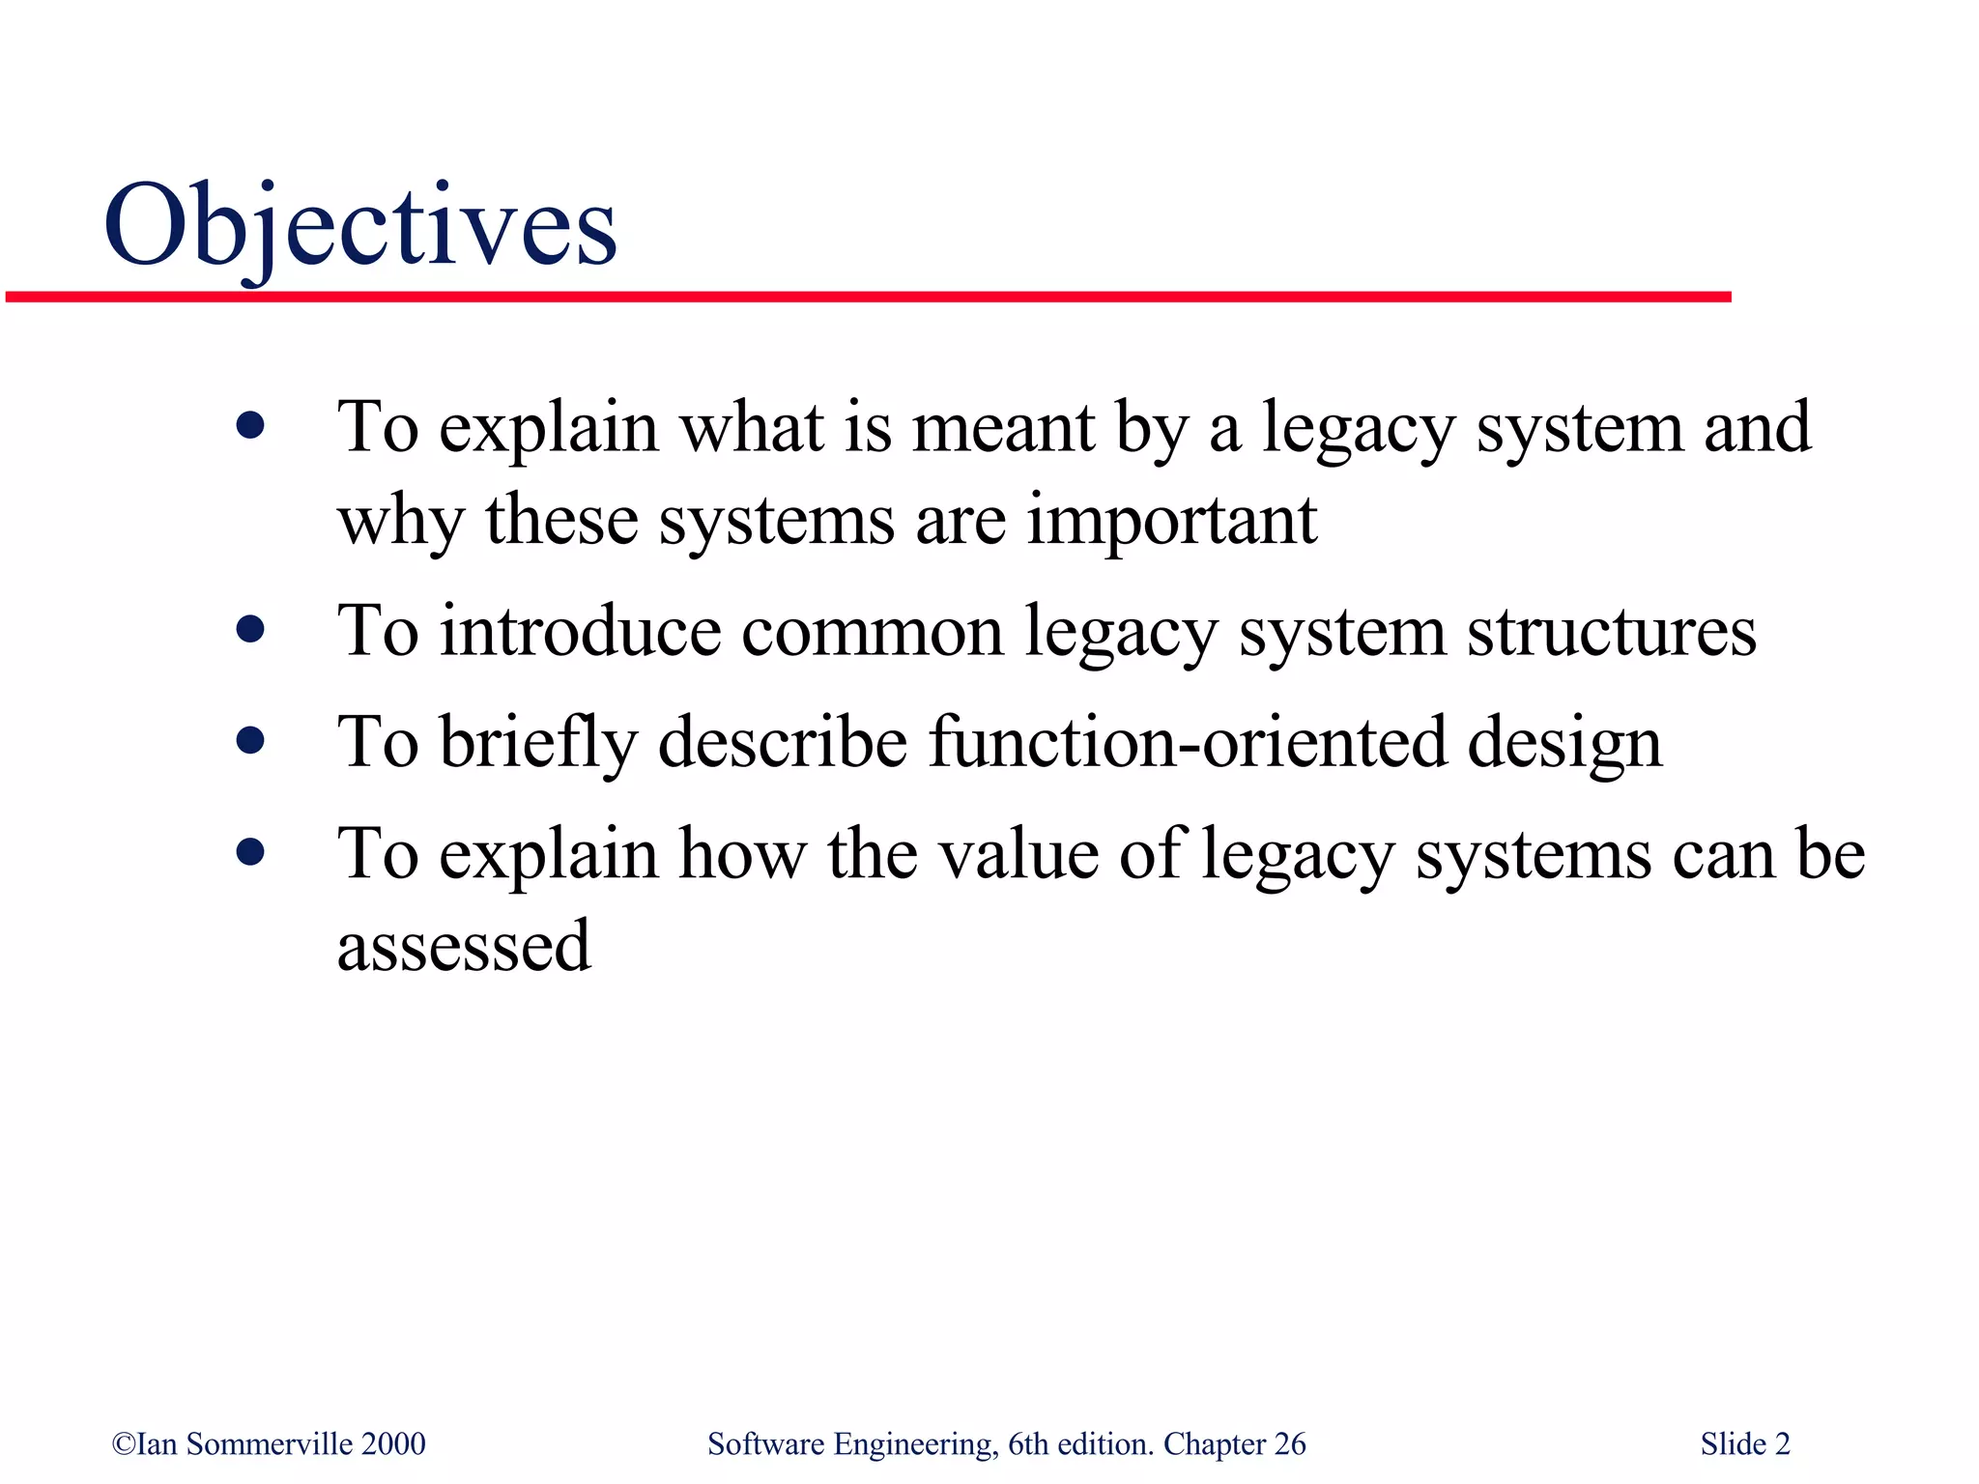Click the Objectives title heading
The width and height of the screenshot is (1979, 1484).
point(359,228)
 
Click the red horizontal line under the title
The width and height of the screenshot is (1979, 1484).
point(868,297)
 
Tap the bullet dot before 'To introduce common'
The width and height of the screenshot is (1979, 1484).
point(250,630)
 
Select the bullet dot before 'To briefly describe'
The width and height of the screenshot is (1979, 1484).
point(250,741)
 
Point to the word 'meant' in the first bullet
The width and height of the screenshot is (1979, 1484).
point(1002,427)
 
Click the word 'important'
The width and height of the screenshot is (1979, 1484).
point(1171,520)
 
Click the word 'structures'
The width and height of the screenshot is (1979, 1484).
point(1611,631)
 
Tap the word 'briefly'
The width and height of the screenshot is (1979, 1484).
point(538,742)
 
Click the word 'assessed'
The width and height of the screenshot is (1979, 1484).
point(464,946)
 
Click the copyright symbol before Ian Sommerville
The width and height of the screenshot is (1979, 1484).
point(124,1444)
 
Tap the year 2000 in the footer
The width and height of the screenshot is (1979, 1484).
point(393,1444)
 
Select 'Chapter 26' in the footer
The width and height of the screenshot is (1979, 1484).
point(1234,1444)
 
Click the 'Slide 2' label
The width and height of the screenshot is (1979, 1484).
point(1745,1444)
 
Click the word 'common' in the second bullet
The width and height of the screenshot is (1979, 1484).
point(872,631)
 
